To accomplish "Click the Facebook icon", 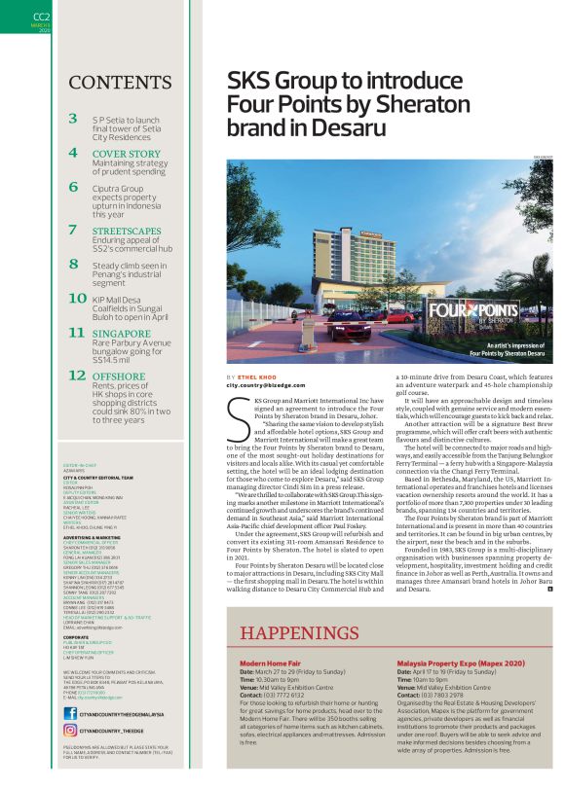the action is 70,714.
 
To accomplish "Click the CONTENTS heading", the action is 108,81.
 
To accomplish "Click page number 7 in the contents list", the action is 74,230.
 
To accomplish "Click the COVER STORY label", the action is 127,154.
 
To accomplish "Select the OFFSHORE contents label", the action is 120,376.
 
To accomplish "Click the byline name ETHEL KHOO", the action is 256,377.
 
